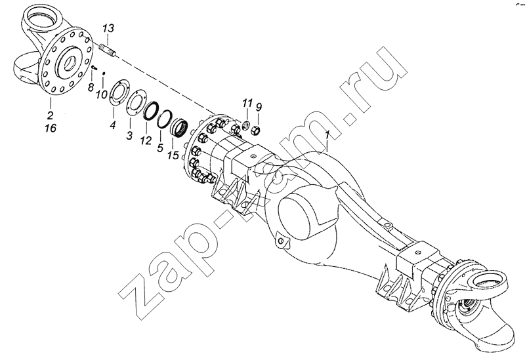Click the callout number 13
pos(108,28)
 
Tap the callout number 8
pos(91,88)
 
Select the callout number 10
pos(100,94)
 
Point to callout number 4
pos(113,125)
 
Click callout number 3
pos(129,136)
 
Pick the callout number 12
pos(146,140)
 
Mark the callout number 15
pos(173,155)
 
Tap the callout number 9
pos(259,107)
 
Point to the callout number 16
pos(51,128)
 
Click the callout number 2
pos(51,116)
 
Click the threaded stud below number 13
pos(108,51)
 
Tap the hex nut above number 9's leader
pos(256,128)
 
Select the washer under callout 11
pos(245,125)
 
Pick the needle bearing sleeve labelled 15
pos(179,129)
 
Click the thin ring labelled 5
pos(165,119)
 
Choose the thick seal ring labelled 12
pos(151,110)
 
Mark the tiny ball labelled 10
pos(104,73)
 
